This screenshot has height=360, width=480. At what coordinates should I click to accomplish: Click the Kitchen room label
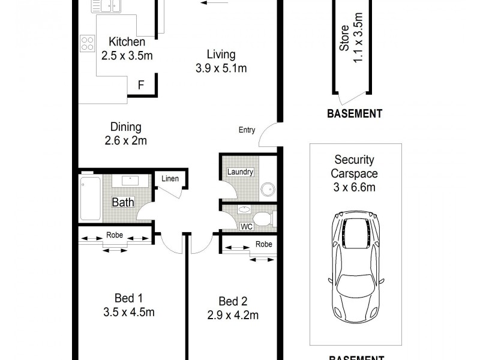[x=126, y=42]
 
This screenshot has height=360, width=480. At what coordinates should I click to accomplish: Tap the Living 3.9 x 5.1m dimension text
[x=221, y=68]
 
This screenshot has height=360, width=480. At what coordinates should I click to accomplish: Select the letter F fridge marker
[x=141, y=85]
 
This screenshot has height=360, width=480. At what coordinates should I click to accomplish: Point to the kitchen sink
[x=106, y=5]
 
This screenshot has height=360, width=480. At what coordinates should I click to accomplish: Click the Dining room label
[x=125, y=127]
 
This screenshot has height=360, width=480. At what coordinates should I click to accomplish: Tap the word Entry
[x=247, y=130]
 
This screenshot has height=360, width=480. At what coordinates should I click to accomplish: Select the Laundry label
[x=240, y=172]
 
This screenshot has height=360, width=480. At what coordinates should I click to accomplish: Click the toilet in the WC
[x=263, y=220]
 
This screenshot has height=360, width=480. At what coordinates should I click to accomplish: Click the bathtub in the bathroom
[x=89, y=199]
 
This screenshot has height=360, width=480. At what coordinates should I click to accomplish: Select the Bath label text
[x=123, y=202]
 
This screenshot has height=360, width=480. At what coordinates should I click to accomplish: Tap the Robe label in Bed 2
[x=263, y=244]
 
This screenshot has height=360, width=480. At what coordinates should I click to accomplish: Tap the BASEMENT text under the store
[x=354, y=113]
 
